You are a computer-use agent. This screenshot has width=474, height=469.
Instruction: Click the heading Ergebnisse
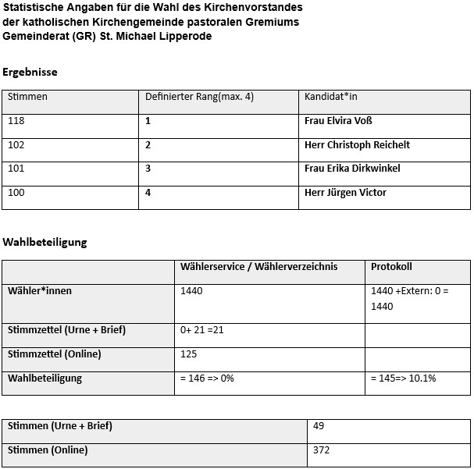click(x=30, y=73)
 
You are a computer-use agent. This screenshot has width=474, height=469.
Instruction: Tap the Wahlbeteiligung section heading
click(x=45, y=242)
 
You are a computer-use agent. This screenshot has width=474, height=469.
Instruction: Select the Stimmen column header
click(x=27, y=97)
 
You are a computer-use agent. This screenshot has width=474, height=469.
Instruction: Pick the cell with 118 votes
click(x=16, y=121)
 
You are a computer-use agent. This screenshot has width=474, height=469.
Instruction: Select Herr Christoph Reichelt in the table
click(x=357, y=145)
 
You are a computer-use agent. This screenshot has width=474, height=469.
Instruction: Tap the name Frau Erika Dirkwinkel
click(x=351, y=169)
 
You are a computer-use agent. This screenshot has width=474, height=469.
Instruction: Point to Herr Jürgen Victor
click(x=345, y=193)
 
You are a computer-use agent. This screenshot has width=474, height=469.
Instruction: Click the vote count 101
click(x=16, y=169)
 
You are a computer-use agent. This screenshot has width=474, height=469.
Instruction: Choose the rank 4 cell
click(x=148, y=193)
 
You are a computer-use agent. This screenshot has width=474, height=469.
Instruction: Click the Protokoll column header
click(x=390, y=267)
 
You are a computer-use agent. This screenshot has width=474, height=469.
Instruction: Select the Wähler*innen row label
click(x=40, y=291)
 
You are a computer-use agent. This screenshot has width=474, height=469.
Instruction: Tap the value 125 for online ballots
click(x=189, y=354)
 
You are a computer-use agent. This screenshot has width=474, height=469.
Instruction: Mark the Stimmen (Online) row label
click(x=48, y=450)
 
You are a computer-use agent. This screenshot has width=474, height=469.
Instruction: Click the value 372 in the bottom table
click(x=322, y=450)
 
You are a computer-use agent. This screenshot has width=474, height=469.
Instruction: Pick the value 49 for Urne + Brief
click(x=319, y=426)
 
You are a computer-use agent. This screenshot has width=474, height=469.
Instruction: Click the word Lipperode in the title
click(x=187, y=36)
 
